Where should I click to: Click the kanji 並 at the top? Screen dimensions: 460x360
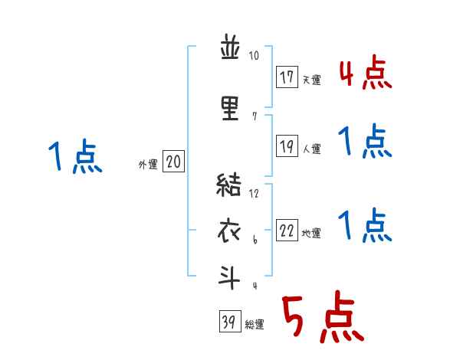click(230, 51)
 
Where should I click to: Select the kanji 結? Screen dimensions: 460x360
click(230, 186)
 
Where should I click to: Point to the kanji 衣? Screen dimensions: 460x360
click(230, 232)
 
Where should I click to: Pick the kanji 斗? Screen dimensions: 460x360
click(230, 277)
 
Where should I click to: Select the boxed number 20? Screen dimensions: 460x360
click(174, 162)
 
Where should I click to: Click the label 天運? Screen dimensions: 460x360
click(311, 80)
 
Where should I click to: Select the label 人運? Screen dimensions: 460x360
click(311, 149)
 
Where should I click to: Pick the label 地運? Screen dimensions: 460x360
click(311, 234)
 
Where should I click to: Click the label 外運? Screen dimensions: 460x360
click(147, 164)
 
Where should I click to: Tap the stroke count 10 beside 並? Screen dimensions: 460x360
click(255, 56)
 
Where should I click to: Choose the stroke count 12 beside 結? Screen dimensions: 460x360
click(255, 193)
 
